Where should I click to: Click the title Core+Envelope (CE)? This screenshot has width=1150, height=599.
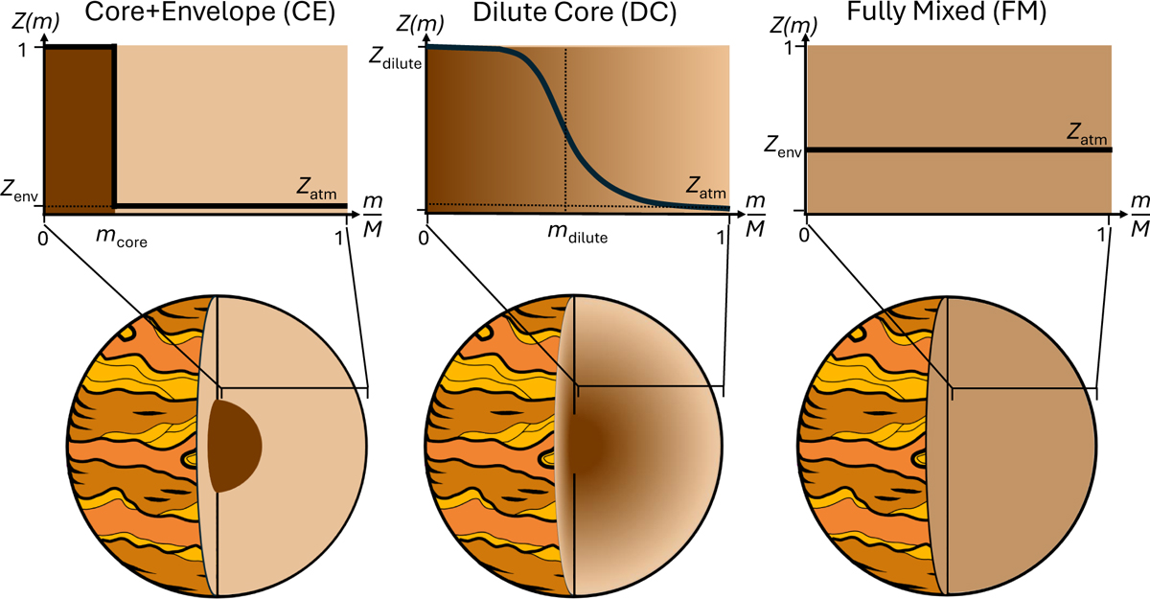210,12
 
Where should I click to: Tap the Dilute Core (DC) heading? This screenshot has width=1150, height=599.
574,12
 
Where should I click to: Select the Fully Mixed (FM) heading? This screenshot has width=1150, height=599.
946,12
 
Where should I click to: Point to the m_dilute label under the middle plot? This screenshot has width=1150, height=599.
578,234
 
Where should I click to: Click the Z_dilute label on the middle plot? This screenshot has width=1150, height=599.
395,59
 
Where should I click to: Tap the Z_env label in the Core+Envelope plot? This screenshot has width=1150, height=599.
19,192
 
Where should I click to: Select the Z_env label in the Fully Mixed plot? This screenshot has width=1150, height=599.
782,148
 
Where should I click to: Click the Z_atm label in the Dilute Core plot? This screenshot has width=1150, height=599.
706,188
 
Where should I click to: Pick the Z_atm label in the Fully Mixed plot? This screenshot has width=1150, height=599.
1087,134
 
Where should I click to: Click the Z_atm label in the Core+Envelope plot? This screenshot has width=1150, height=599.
316,189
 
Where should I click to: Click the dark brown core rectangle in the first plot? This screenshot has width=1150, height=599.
79,128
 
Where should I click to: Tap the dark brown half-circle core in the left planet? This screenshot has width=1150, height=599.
234,447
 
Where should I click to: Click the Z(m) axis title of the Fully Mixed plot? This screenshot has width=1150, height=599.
793,25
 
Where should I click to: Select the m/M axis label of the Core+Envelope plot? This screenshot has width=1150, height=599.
373,216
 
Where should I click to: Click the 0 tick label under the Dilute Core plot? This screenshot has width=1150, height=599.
424,238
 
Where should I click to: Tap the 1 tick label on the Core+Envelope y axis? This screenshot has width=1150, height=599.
21,50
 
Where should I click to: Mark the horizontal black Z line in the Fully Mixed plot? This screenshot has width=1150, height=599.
959,150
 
